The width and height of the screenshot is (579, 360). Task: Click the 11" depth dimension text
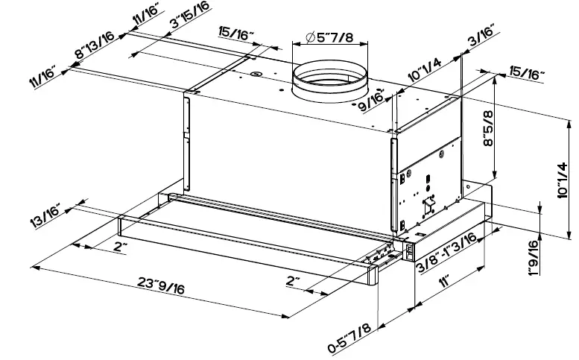pyautogui.click(x=446, y=282)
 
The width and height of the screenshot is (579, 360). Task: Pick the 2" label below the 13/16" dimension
pyautogui.click(x=120, y=247)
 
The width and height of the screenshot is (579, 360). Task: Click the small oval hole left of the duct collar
pyautogui.click(x=256, y=74)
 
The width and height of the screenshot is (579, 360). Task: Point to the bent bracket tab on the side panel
pyautogui.click(x=428, y=203)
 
